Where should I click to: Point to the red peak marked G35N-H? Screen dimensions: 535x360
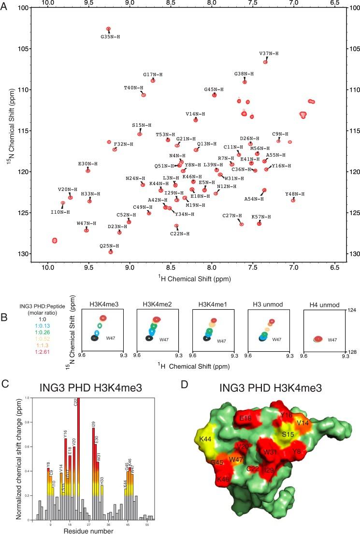coord(108,29)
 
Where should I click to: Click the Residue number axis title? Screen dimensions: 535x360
coord(89,531)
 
